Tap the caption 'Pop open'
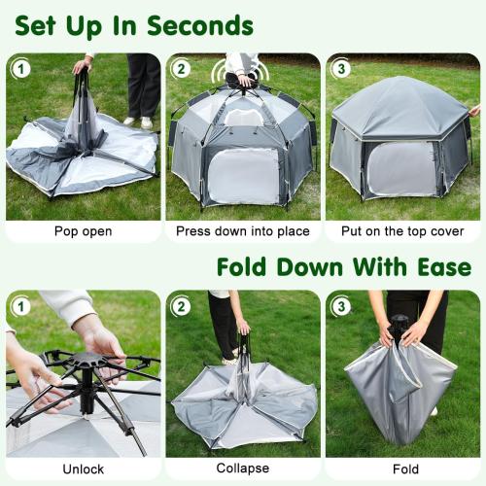pyautogui.click(x=83, y=232)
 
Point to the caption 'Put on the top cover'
pyautogui.click(x=401, y=232)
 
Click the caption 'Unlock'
pyautogui.click(x=83, y=469)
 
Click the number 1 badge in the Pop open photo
pyautogui.click(x=19, y=69)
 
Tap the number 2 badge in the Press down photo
pyautogui.click(x=181, y=69)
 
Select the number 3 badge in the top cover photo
pyautogui.click(x=340, y=69)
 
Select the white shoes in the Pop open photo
pyautogui.click(x=137, y=121)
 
